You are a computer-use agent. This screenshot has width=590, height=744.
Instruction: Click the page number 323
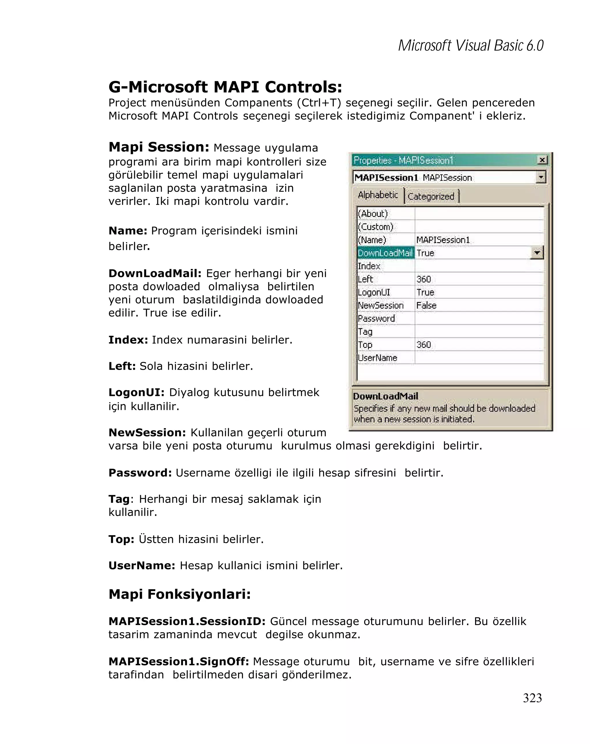[532, 698]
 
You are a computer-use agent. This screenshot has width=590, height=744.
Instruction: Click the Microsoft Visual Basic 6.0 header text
[470, 45]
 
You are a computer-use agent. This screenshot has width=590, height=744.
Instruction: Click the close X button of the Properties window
[542, 160]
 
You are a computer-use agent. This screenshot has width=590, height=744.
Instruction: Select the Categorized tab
[431, 196]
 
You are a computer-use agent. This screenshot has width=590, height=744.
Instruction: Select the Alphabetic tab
[378, 195]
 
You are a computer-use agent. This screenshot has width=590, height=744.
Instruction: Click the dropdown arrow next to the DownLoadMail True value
[536, 253]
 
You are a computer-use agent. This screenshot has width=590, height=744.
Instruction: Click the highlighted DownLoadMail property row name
[385, 253]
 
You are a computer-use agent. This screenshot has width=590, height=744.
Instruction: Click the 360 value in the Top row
[423, 345]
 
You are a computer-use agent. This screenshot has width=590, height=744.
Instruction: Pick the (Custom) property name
[375, 227]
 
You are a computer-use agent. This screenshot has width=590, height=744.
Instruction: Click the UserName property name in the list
[377, 358]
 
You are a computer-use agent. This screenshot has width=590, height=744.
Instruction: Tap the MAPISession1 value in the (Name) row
[442, 240]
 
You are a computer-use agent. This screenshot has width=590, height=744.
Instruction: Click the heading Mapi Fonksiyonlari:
[179, 594]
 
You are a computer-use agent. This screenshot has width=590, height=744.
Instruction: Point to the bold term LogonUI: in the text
[136, 392]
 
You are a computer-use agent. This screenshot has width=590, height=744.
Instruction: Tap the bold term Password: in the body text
[140, 472]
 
